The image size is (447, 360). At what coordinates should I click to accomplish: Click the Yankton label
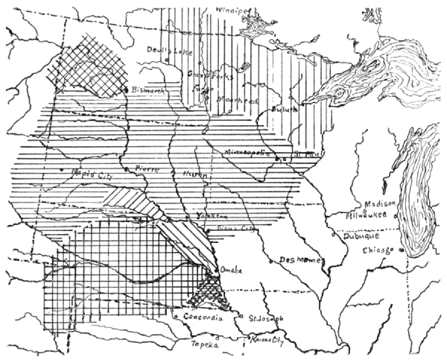pyautogui.click(x=211, y=214)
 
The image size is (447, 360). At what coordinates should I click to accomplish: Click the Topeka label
pyautogui.click(x=206, y=347)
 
